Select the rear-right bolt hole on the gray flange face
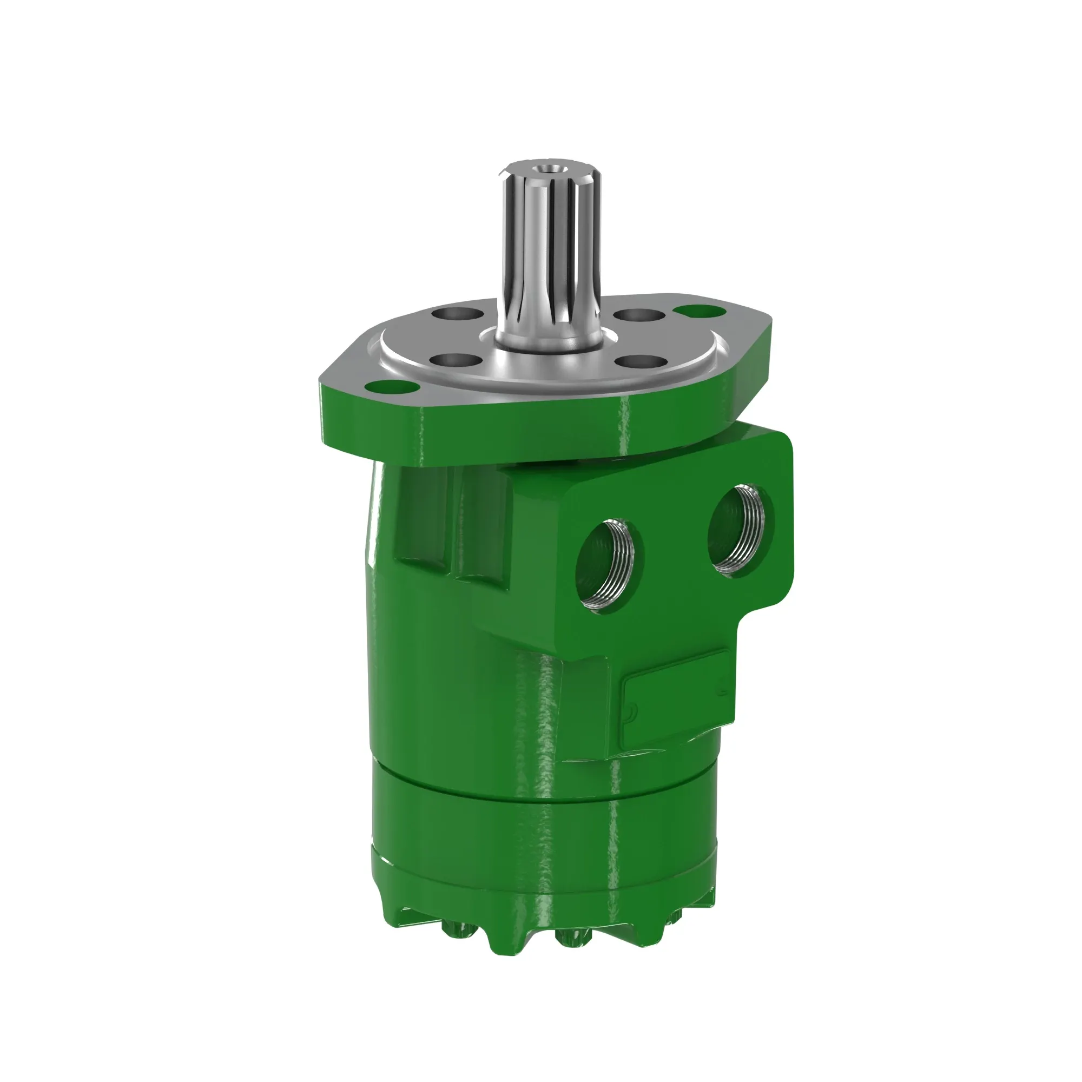coord(639,315)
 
